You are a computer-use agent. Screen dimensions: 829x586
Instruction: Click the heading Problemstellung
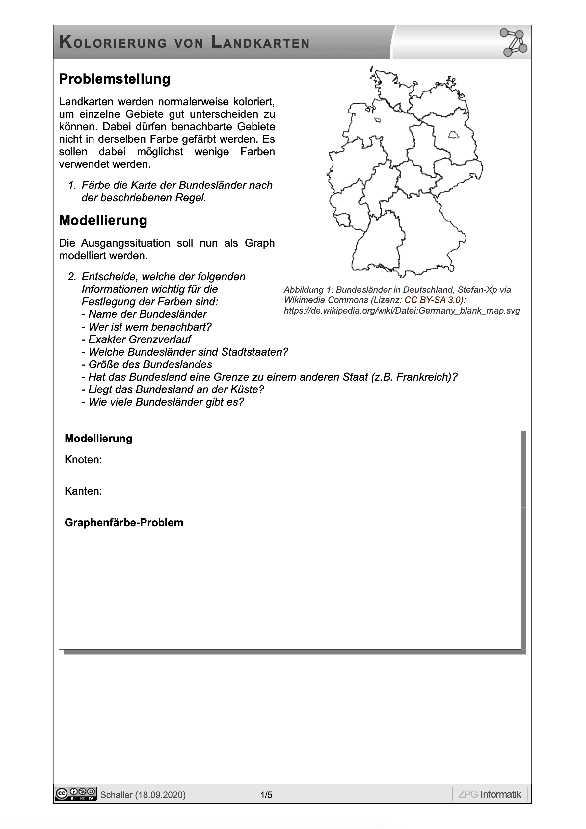tap(115, 79)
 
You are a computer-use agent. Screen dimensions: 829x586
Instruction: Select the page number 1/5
tap(266, 795)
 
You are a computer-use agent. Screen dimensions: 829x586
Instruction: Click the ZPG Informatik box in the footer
tap(490, 794)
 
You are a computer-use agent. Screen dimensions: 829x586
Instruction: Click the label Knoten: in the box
tap(84, 460)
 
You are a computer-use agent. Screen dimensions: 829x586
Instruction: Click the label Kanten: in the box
tap(84, 491)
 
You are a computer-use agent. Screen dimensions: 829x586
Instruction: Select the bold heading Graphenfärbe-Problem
tap(124, 522)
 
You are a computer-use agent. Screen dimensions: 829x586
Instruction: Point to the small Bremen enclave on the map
tap(378, 120)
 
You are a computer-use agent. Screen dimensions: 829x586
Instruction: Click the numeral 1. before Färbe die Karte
tap(72, 185)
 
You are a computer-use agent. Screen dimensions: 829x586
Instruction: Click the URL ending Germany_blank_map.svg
tap(401, 311)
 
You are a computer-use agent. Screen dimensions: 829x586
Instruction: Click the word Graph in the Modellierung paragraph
tap(259, 243)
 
